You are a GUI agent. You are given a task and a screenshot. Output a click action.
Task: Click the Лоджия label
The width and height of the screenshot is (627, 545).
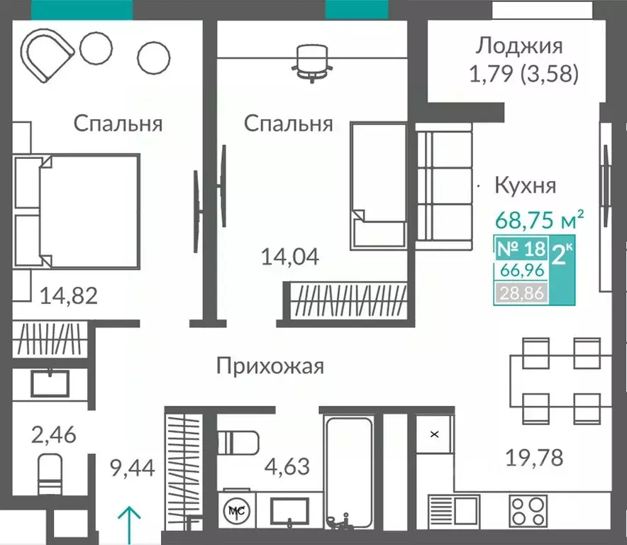click(519, 46)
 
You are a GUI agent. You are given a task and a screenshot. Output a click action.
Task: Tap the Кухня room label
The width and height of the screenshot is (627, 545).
click(525, 186)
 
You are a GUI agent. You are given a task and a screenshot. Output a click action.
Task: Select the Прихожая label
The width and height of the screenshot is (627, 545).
click(270, 366)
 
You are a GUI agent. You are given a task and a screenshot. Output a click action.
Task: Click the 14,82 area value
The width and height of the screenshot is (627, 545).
click(68, 294)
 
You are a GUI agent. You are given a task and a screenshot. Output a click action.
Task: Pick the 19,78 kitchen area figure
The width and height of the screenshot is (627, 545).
click(536, 458)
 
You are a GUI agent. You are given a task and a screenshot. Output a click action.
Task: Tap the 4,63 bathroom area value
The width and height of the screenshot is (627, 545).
click(287, 468)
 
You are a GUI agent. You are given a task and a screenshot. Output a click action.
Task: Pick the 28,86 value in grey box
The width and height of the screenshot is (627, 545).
click(520, 292)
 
